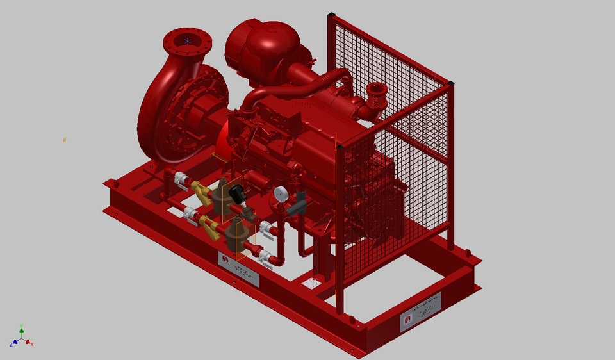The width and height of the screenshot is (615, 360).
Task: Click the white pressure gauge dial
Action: [280, 193]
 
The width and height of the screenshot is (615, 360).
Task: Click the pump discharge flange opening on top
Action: [187, 41]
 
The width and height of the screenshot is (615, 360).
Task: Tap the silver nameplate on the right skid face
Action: [420, 312]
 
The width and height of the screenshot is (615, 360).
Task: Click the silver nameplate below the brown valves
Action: [238, 268]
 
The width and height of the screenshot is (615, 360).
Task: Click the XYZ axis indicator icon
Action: [22, 338]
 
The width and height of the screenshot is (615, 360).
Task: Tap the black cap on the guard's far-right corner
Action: [451, 83]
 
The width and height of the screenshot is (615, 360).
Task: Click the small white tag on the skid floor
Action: [312, 282]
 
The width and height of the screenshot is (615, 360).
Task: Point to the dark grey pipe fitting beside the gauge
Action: [296, 206]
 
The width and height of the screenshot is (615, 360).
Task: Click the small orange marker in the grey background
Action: [64, 140]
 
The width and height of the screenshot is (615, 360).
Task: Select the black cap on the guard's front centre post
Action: [340, 147]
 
